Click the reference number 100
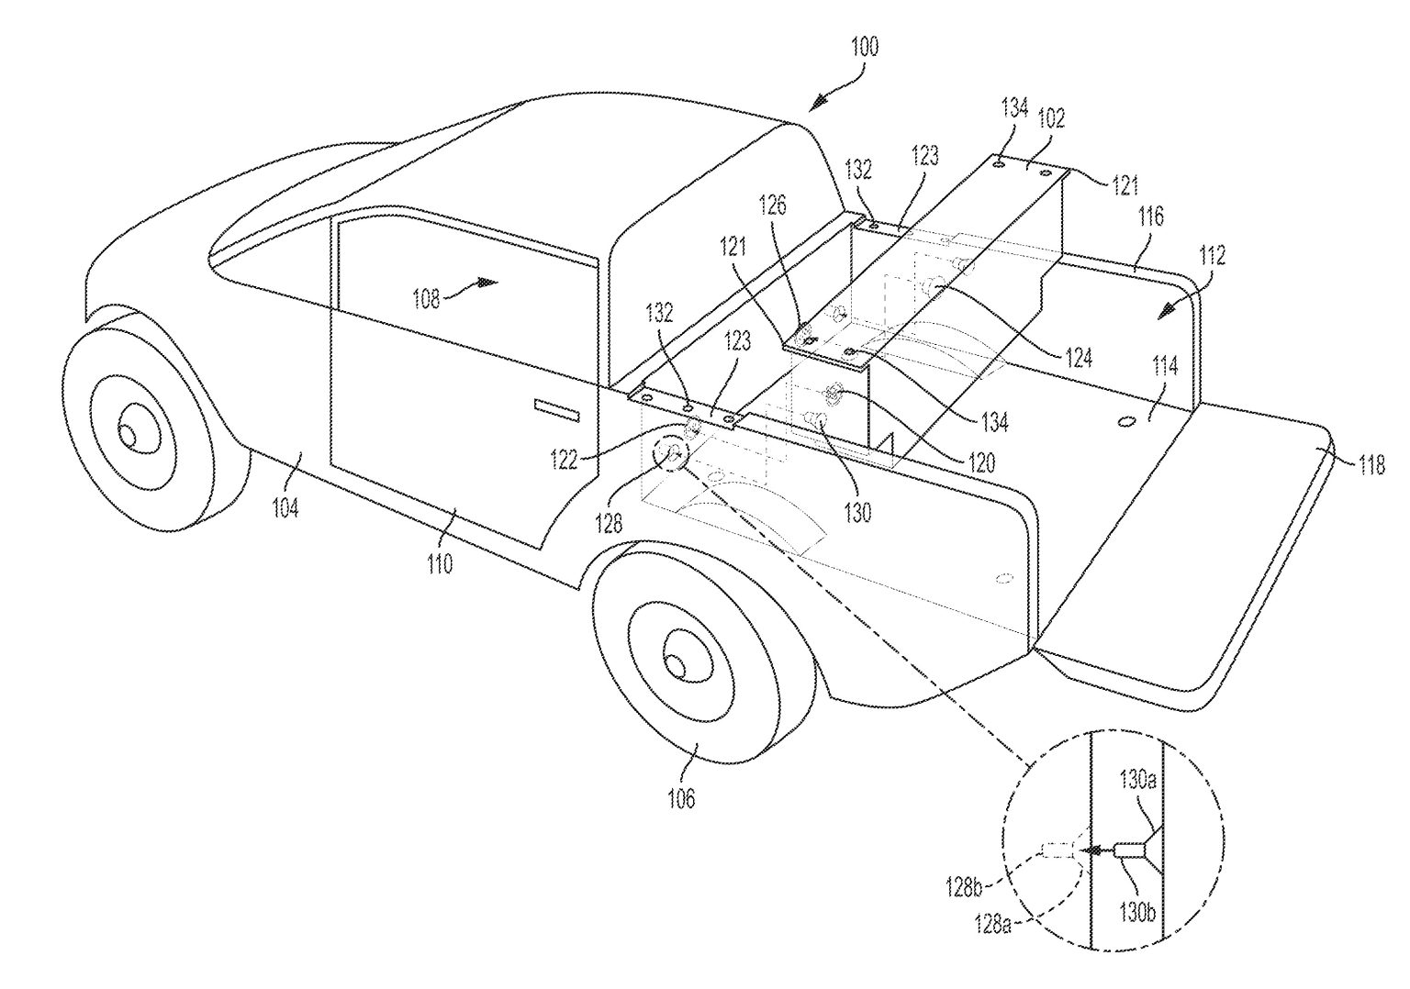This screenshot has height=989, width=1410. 864,47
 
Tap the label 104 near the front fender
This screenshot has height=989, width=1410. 285,506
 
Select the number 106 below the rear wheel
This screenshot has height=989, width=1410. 680,798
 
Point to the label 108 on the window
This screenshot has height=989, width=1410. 425,298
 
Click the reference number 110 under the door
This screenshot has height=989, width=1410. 440,562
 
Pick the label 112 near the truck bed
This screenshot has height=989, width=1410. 1212,258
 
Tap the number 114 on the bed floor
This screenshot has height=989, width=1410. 1165,367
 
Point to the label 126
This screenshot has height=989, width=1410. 773,206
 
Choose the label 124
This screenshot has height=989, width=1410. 1079,356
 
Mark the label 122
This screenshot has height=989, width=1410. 564,459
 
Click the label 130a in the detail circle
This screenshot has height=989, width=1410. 1136,782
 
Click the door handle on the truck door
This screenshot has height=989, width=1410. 558,409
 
